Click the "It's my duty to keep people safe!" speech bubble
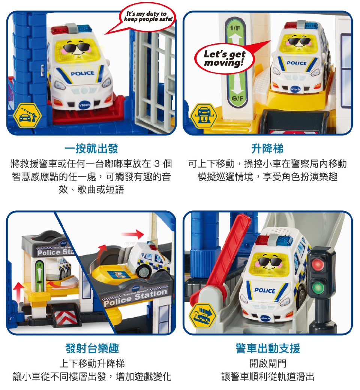[147, 17]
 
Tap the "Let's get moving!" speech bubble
[224, 58]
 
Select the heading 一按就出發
[91, 148]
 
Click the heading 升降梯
[267, 148]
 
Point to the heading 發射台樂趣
[92, 348]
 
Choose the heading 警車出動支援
[268, 348]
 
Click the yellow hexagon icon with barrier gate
[27, 116]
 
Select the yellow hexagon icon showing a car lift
[204, 116]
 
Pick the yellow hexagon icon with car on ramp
[202, 316]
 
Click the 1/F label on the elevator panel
[235, 28]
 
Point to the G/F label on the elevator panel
[237, 99]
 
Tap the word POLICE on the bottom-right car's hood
[265, 291]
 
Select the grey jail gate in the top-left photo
[154, 77]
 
